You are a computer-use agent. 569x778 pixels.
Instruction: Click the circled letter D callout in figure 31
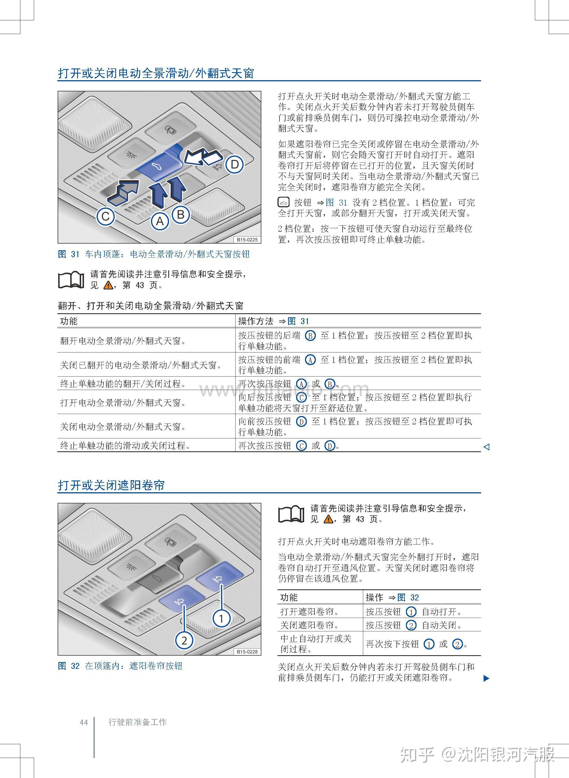[x=234, y=164]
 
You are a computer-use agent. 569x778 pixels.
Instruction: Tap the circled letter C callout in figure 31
[x=105, y=216]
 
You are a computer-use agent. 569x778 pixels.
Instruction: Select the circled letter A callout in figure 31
[x=160, y=221]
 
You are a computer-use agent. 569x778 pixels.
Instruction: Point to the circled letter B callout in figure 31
[x=181, y=214]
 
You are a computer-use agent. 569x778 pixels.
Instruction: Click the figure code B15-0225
[x=247, y=239]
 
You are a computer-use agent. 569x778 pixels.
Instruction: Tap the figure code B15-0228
[x=247, y=651]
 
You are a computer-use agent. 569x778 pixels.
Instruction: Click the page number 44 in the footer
[x=84, y=722]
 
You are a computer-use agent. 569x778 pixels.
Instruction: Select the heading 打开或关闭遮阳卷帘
[x=111, y=485]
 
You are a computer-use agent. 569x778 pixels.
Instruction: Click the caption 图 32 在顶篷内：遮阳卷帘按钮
[x=120, y=666]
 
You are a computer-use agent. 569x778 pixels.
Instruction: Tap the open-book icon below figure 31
[x=71, y=280]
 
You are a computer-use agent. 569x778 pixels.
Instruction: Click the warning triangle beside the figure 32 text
[x=328, y=519]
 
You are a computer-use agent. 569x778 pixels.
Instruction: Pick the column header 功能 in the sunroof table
[x=69, y=321]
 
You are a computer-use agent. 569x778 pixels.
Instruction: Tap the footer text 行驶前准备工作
[x=137, y=722]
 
